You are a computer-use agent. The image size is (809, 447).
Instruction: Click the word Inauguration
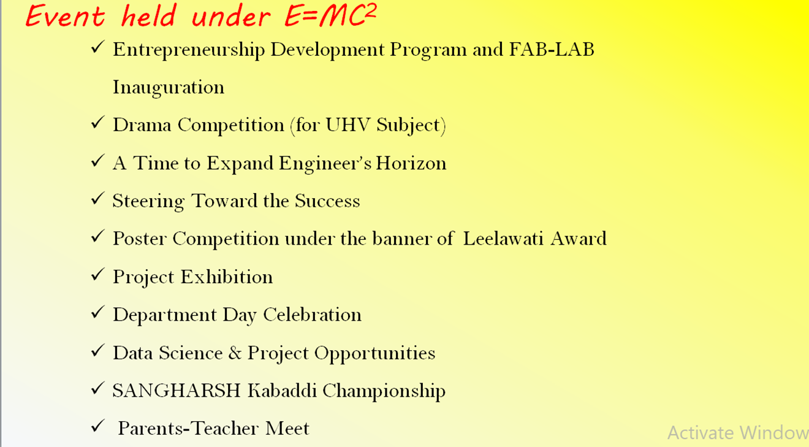[x=169, y=88]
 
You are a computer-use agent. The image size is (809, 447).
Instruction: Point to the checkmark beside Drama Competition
[x=97, y=123]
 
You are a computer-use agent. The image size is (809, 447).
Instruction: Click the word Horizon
[x=411, y=163]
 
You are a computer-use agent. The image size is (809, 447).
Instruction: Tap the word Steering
[x=148, y=202]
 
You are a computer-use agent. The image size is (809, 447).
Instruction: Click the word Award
[x=579, y=239]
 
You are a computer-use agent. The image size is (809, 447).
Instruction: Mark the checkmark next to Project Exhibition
[x=97, y=275]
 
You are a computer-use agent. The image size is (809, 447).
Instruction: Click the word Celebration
[x=313, y=315]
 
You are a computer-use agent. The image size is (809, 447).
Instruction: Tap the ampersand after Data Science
[x=235, y=353]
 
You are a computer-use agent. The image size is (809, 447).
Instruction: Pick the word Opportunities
[x=374, y=354]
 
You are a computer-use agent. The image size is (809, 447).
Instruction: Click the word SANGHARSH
[x=177, y=391]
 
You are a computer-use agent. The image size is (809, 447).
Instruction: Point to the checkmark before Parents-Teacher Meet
[x=97, y=426]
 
